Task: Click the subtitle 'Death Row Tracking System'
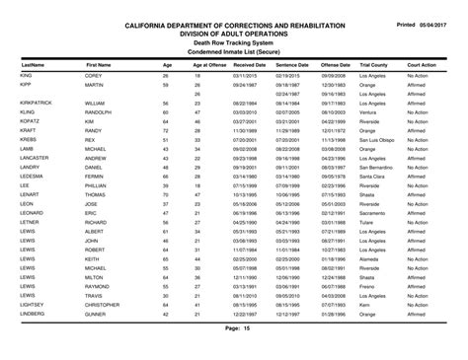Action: tap(233, 41)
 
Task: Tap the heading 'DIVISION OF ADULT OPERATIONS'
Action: tap(233, 32)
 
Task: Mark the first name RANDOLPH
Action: tap(100, 111)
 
